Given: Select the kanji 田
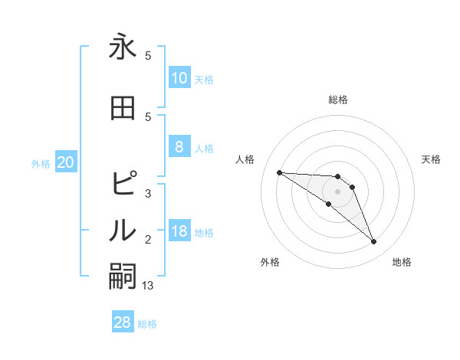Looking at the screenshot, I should tap(123, 108).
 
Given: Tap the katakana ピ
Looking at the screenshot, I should tap(123, 184).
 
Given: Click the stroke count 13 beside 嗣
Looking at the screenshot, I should tap(149, 286).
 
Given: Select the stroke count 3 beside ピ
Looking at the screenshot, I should tap(148, 194).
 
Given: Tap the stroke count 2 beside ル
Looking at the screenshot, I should tap(148, 240).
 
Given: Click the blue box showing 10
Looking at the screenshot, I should tap(179, 77).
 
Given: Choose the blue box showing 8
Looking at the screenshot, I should tap(179, 147).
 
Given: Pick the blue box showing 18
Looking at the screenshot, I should tap(179, 231).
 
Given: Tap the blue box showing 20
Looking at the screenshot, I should tap(66, 162).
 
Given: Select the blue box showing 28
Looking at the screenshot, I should tap(123, 322).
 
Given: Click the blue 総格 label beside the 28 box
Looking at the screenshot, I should tap(147, 324).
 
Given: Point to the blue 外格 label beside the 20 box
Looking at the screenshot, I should tap(41, 163).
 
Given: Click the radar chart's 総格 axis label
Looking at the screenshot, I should tap(338, 100).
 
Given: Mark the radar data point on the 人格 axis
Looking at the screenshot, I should tap(279, 172).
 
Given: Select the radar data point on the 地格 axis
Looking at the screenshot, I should tap(373, 242).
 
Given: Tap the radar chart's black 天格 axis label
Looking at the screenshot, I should tap(432, 159).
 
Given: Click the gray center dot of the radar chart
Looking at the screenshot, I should tap(338, 191).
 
